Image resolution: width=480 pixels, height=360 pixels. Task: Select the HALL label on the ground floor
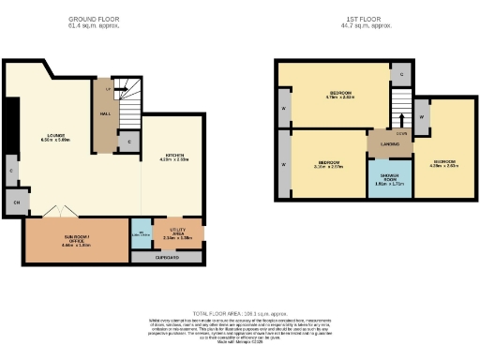pos(105,114)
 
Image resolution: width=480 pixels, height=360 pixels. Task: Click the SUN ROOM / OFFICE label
pos(77,241)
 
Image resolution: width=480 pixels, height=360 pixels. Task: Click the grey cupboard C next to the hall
pos(128,142)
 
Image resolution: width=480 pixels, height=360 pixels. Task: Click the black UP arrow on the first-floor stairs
pos(402,119)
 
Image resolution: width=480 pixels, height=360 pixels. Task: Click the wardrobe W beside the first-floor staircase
pos(422,116)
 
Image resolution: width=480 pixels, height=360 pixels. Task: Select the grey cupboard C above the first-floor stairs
pos(401,73)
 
